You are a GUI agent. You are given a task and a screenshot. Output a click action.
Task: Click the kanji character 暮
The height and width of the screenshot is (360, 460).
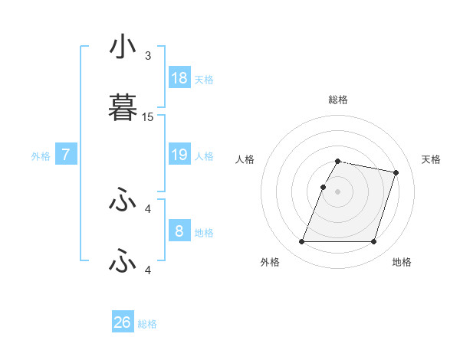pyautogui.click(x=123, y=108)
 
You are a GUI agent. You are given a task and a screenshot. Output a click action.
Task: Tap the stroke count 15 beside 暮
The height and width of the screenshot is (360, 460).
pyautogui.click(x=148, y=117)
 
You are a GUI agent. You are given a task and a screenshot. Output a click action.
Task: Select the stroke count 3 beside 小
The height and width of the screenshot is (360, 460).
pyautogui.click(x=148, y=56)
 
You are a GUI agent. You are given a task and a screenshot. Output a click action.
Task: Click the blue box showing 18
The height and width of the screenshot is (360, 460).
pyautogui.click(x=179, y=78)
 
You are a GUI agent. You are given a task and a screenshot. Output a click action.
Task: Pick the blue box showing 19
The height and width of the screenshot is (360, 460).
pyautogui.click(x=179, y=155)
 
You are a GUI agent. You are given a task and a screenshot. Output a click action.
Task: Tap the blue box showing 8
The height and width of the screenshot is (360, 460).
pyautogui.click(x=179, y=231)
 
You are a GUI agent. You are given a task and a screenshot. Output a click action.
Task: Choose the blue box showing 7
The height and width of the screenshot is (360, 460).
pyautogui.click(x=66, y=155)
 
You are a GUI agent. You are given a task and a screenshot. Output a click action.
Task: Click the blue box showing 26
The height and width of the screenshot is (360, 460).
pyautogui.click(x=122, y=322)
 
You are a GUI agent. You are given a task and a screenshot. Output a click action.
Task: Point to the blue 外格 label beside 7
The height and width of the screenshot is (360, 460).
pyautogui.click(x=41, y=156)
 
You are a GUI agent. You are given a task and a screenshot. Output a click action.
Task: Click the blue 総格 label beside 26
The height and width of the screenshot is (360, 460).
pyautogui.click(x=147, y=324)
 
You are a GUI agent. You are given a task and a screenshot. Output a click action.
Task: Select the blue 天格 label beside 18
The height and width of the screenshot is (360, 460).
pyautogui.click(x=204, y=80)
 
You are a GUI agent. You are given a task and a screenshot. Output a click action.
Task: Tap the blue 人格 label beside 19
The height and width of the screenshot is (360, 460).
pyautogui.click(x=204, y=156)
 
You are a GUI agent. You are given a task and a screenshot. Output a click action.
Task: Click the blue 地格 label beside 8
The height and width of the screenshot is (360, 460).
pyautogui.click(x=204, y=233)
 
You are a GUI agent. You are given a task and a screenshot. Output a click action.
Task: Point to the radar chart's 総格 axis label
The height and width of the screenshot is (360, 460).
pyautogui.click(x=338, y=100)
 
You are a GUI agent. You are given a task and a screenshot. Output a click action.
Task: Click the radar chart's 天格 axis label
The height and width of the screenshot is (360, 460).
pyautogui.click(x=432, y=159)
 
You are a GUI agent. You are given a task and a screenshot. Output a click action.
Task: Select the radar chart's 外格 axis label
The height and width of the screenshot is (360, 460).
pyautogui.click(x=270, y=262)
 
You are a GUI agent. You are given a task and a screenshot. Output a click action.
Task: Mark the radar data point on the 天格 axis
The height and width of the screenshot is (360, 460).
pyautogui.click(x=396, y=173)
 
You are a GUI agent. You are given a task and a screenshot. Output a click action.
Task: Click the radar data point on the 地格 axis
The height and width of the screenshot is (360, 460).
pyautogui.click(x=373, y=242)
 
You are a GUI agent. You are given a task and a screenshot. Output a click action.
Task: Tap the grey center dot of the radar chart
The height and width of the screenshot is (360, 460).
pyautogui.click(x=338, y=191)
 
